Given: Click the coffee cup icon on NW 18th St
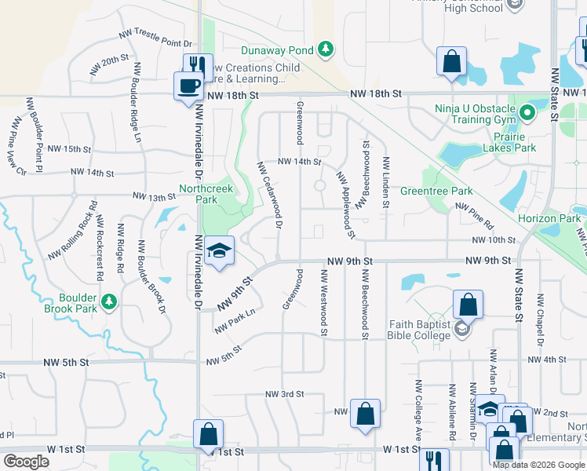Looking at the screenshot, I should point(188,86).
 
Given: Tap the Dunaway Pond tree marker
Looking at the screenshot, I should point(326,51).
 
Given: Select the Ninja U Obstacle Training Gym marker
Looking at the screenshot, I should point(527,113).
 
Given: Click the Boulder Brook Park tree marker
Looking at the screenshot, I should point(110,301).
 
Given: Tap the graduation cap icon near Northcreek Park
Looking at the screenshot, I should point(220,251).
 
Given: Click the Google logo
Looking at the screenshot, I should point(27,462).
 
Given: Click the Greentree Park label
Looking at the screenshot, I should point(436,191).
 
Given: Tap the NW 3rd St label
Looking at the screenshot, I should point(284,394).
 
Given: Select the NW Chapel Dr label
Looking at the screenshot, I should point(540,320).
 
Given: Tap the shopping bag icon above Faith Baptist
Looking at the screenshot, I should point(468,305).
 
